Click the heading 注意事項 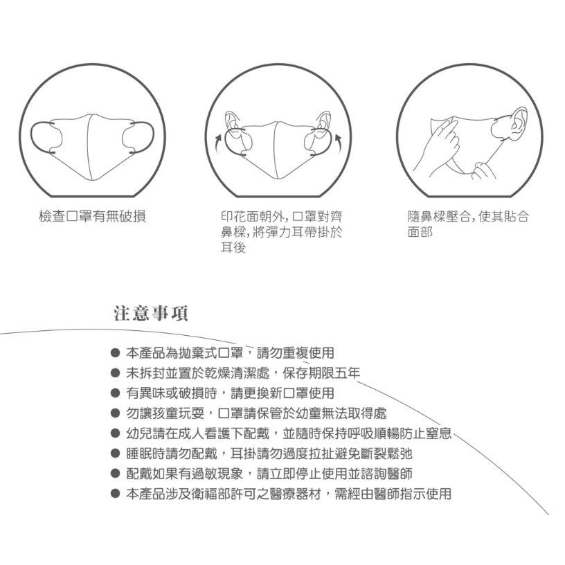(x=150, y=314)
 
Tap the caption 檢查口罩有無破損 (x=91, y=217)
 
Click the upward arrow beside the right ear (x=339, y=144)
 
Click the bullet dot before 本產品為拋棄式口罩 (x=116, y=353)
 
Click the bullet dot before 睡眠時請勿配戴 (x=116, y=454)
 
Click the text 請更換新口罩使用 (x=281, y=393)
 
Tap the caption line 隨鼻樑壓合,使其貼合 (x=469, y=217)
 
